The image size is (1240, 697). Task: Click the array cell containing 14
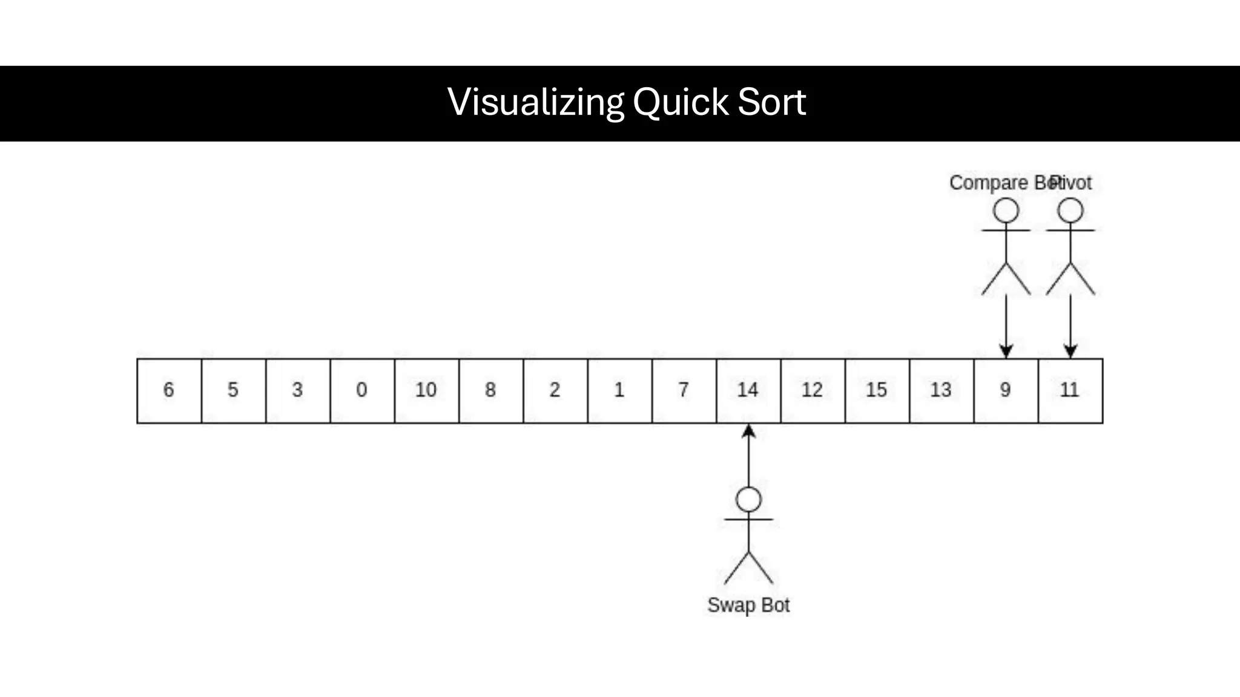pyautogui.click(x=748, y=391)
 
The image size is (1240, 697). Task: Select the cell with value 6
pyautogui.click(x=169, y=391)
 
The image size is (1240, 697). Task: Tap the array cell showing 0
pyautogui.click(x=362, y=391)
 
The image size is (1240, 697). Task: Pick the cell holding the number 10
pyautogui.click(x=426, y=391)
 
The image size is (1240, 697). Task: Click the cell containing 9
pyautogui.click(x=1006, y=391)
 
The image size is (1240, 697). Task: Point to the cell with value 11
pyautogui.click(x=1070, y=391)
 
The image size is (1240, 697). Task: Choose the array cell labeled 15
pyautogui.click(x=877, y=391)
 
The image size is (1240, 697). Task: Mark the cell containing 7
pyautogui.click(x=684, y=391)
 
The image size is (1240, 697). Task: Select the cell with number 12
pyautogui.click(x=813, y=391)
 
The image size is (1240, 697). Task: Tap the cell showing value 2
pyautogui.click(x=555, y=391)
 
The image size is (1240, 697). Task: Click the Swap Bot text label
pyautogui.click(x=748, y=605)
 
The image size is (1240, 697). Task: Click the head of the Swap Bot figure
pyautogui.click(x=748, y=500)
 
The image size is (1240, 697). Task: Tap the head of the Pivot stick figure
pyautogui.click(x=1070, y=211)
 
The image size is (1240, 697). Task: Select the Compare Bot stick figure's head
pyautogui.click(x=1006, y=211)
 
